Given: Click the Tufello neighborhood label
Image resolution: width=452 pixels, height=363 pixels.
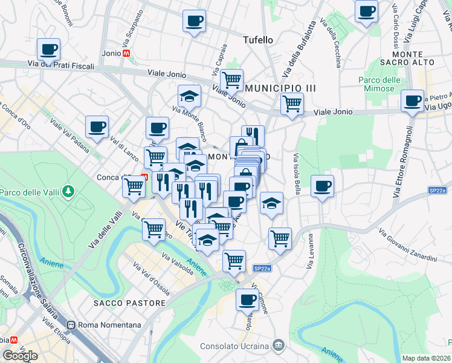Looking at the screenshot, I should point(257,40).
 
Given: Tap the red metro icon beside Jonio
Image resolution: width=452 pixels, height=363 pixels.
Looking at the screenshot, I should point(126,53).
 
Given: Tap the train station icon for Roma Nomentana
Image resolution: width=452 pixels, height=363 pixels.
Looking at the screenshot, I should point(73,325).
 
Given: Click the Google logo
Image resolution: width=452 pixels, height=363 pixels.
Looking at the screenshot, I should point(20,355).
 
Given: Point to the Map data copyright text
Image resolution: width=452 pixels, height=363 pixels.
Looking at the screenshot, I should point(427,358).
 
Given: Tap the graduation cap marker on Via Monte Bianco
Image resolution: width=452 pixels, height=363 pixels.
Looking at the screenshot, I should point(189,96).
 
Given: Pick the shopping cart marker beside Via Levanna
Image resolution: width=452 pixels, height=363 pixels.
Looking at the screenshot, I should point(280,238).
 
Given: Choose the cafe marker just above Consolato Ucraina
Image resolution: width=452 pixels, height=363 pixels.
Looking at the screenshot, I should point(247,299).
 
